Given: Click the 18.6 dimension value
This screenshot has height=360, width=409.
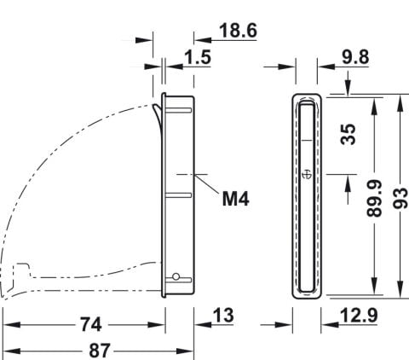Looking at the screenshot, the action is click(x=239, y=31).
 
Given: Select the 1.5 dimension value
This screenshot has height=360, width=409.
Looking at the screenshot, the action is click(x=198, y=57).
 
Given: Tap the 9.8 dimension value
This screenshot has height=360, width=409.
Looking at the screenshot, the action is click(x=355, y=57).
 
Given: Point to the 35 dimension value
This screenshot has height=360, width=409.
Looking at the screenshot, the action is click(x=349, y=134).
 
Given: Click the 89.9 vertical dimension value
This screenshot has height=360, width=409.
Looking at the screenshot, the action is click(x=374, y=198).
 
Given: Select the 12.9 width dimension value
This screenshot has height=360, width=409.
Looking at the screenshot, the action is click(x=359, y=316).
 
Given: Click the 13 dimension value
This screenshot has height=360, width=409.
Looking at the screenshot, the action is click(x=223, y=316).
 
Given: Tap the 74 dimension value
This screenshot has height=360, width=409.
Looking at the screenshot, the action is click(x=91, y=324).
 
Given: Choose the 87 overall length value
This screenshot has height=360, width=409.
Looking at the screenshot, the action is click(x=100, y=351).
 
